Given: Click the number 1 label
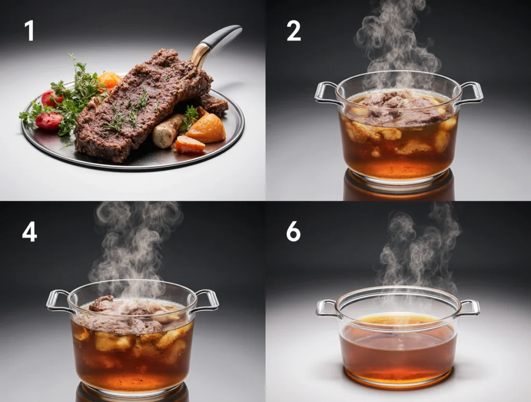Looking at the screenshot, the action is [30, 31].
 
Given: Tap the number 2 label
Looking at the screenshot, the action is [294, 31].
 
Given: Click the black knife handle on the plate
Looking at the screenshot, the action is [222, 37].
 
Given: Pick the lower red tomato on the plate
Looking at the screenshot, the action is [49, 121].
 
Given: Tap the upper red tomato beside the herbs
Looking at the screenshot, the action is [52, 98].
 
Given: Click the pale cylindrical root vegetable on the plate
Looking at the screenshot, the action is [166, 131].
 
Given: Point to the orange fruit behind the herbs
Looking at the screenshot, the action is [109, 80].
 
